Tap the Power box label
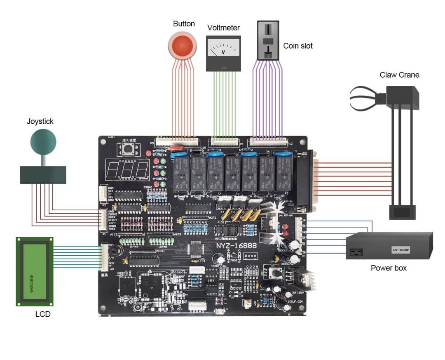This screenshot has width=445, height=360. point(389,268)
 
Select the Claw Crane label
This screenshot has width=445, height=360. point(399,75)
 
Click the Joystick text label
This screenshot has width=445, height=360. point(40,121)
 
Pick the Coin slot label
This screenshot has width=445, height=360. point(297,46)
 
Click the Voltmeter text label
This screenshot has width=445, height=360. point(223,28)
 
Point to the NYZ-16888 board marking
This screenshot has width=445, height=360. point(237,246)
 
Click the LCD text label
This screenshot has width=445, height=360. point(43,314)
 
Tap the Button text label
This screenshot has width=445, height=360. point(184,24)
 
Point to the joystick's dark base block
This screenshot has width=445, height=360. point(43,175)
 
